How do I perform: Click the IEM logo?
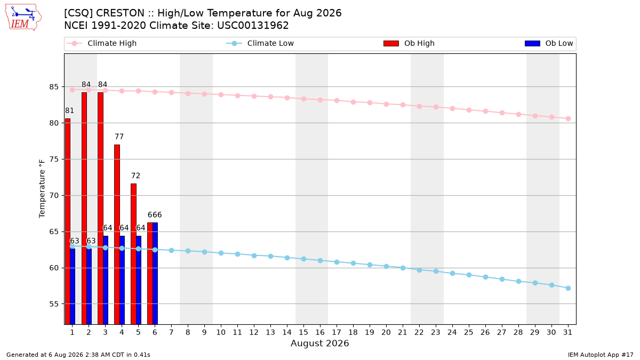tap(23, 18)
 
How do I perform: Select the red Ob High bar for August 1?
tap(68, 221)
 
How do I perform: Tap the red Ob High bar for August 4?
tap(117, 235)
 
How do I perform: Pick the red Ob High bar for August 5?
tap(133, 254)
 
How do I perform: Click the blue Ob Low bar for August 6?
tap(155, 274)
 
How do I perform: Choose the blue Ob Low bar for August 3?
tap(106, 280)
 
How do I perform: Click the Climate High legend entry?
tap(101, 43)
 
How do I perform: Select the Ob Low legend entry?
tap(549, 43)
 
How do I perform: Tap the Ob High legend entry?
tap(409, 43)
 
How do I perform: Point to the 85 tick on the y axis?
tap(54, 87)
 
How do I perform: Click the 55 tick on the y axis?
tap(54, 304)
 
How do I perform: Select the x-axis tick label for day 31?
tap(567, 332)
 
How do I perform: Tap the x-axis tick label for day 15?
tap(303, 332)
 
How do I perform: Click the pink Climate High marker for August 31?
tap(568, 118)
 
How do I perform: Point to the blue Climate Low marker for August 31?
tap(568, 289)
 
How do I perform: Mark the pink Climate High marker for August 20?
tap(386, 105)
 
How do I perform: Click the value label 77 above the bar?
tap(119, 137)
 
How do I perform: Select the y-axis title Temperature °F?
tap(42, 189)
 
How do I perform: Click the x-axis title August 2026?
tap(319, 343)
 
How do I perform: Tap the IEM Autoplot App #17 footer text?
tap(601, 355)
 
